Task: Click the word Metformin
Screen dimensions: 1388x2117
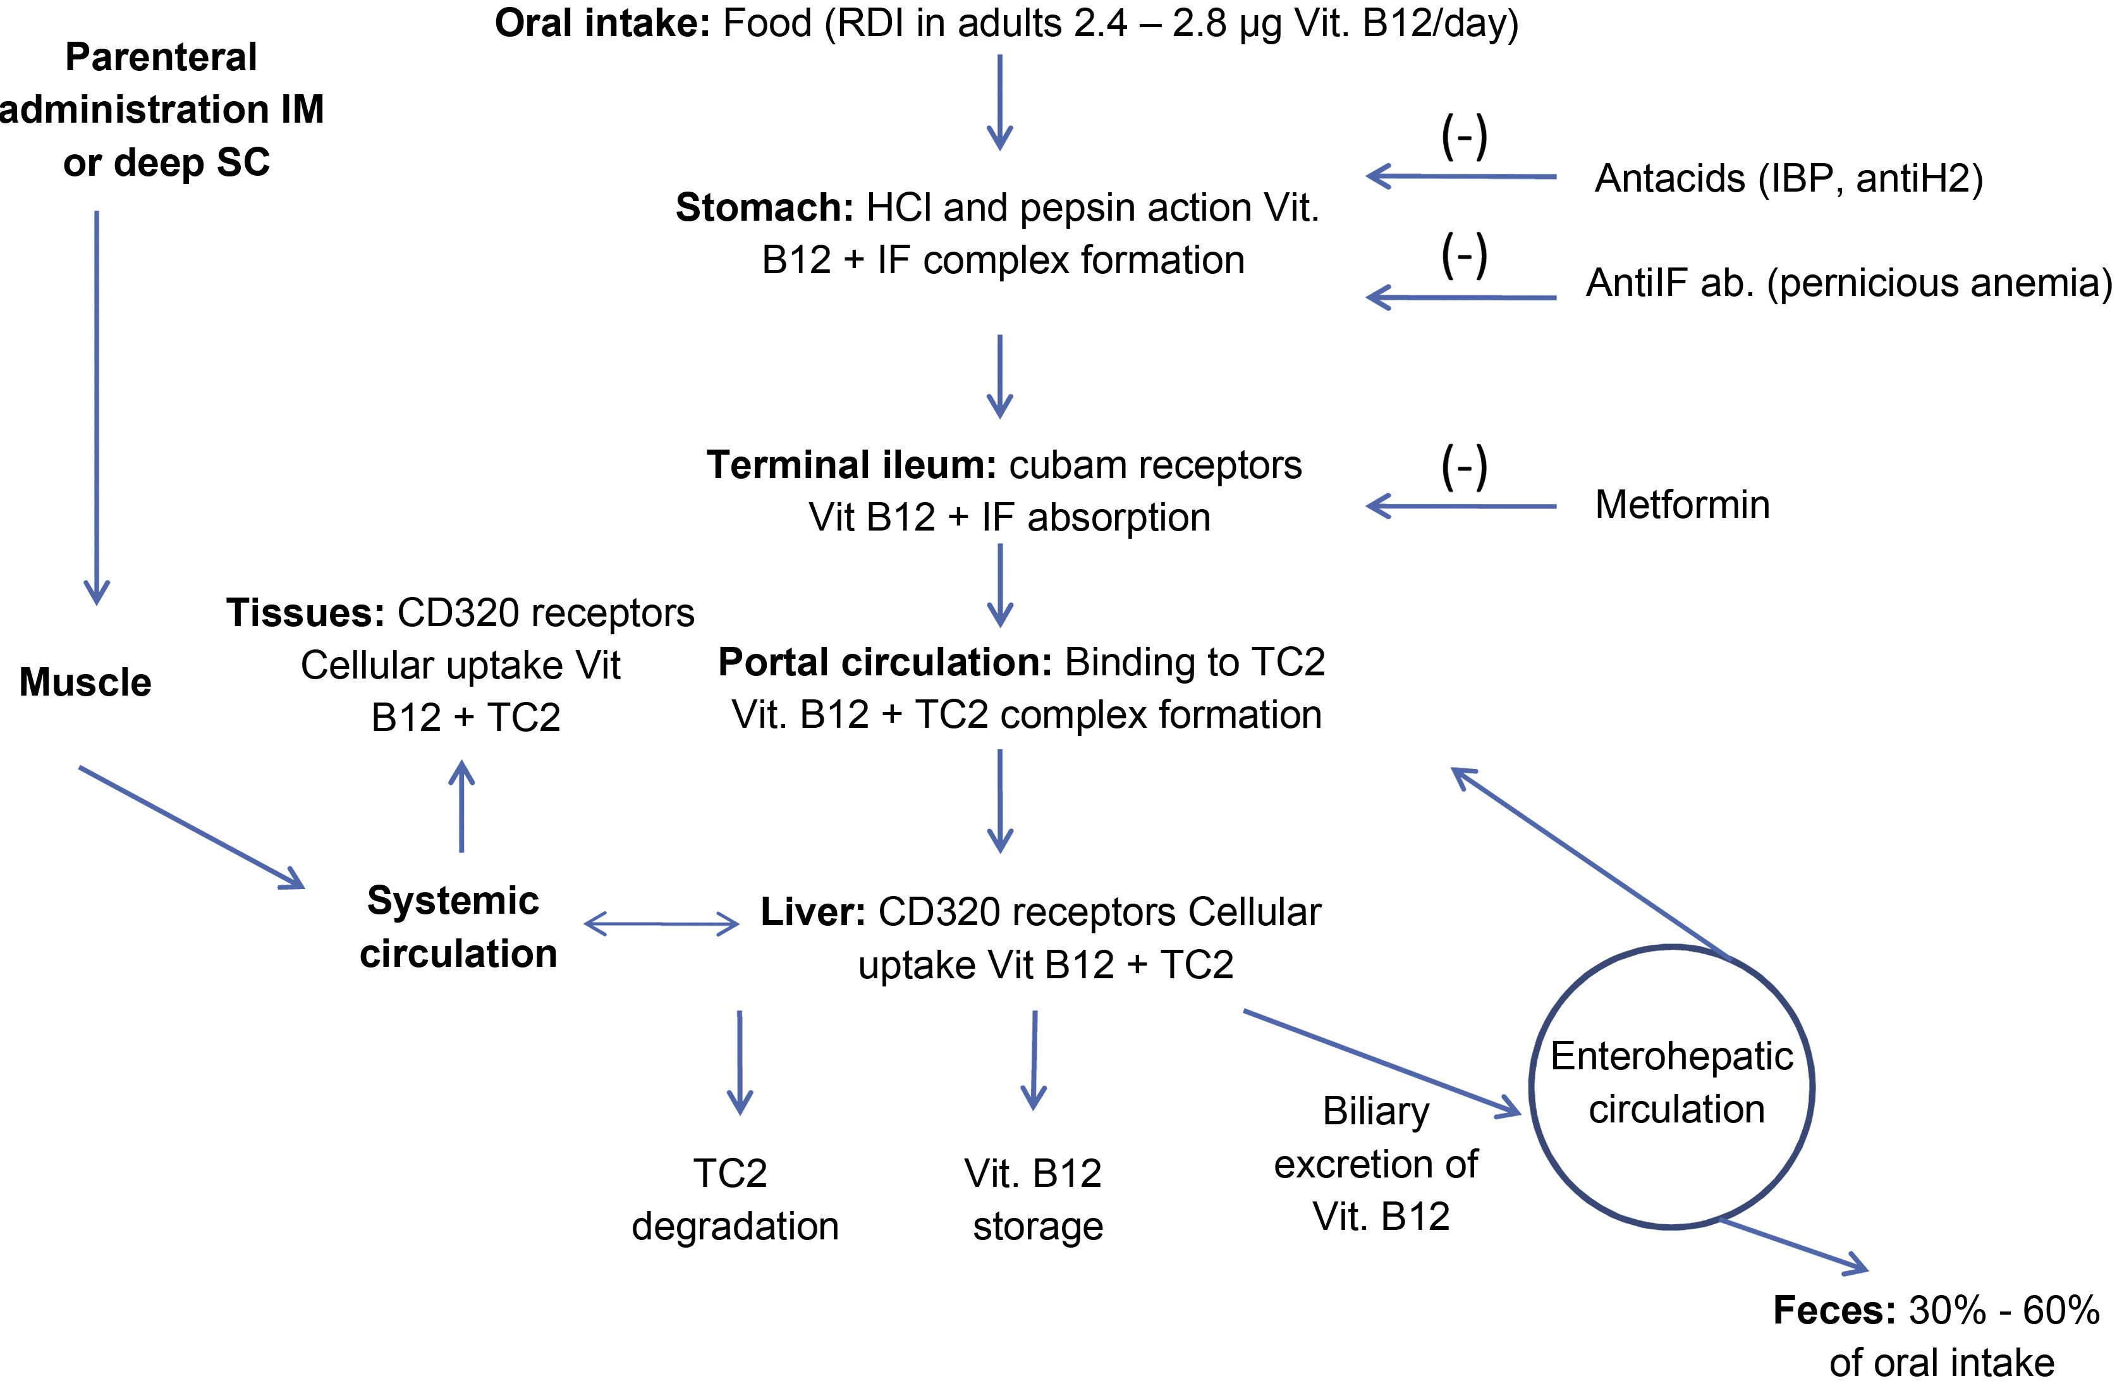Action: tap(1681, 505)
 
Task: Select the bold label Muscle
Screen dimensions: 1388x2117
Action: tap(85, 682)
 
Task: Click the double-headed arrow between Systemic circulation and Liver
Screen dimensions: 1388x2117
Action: tap(661, 924)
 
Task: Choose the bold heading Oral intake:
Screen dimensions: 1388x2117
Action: tap(601, 23)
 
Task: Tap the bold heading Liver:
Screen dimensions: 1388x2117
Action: tap(812, 912)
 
